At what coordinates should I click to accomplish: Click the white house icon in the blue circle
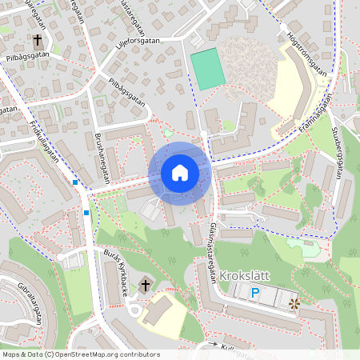click(180, 172)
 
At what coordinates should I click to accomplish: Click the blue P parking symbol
click(255, 294)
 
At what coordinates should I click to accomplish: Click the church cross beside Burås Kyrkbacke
click(146, 285)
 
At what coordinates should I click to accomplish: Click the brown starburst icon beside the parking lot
click(294, 303)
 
